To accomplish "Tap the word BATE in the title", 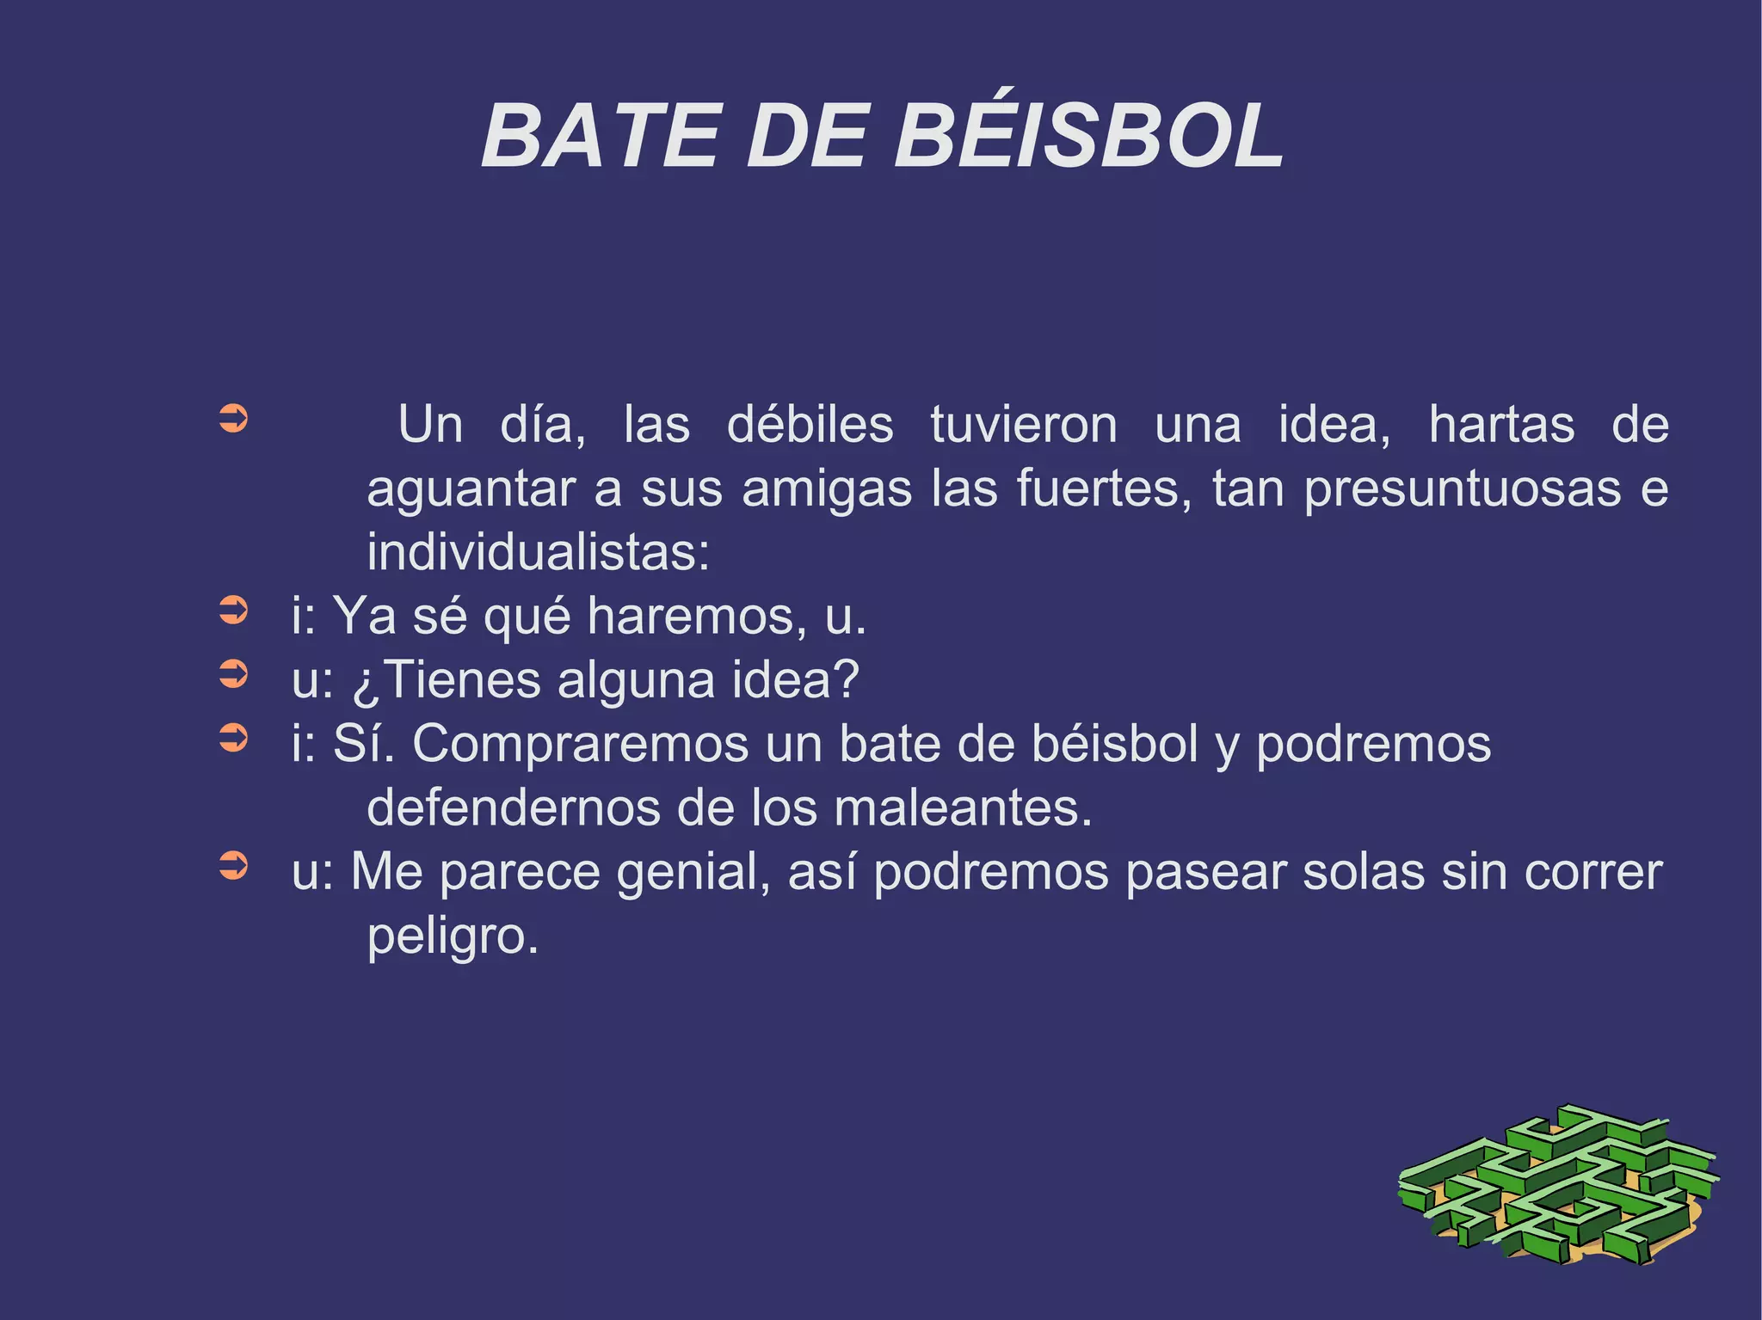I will [x=600, y=136].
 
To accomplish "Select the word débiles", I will [x=810, y=425].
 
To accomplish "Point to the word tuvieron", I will [x=1024, y=425].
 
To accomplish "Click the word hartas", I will [x=1501, y=425].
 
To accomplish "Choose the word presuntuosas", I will [x=1463, y=488].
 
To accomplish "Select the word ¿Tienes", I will [x=446, y=680].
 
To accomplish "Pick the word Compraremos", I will [x=580, y=744].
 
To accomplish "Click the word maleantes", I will [x=962, y=808].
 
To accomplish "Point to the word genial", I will [x=693, y=872].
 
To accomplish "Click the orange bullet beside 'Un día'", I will [x=233, y=420].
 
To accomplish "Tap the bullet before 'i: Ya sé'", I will [x=233, y=611].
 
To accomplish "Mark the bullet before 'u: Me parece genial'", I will [x=233, y=866].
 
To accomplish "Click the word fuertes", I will [x=1104, y=488].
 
